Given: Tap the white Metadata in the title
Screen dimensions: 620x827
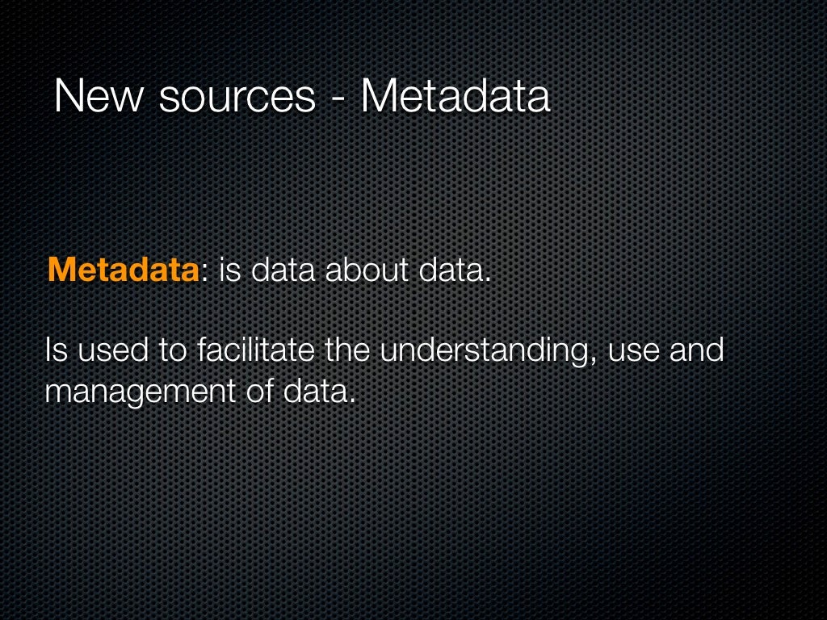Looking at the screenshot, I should coord(455,97).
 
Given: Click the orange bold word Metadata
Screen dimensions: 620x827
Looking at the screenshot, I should coord(123,270).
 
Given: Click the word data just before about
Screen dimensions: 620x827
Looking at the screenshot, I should coord(283,270).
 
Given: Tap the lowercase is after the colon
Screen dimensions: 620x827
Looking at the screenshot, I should coord(230,270).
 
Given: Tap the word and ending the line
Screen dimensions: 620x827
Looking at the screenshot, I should coord(696,351).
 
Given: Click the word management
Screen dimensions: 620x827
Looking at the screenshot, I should coord(139,393).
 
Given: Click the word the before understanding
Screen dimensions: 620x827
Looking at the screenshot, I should coord(347,351).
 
